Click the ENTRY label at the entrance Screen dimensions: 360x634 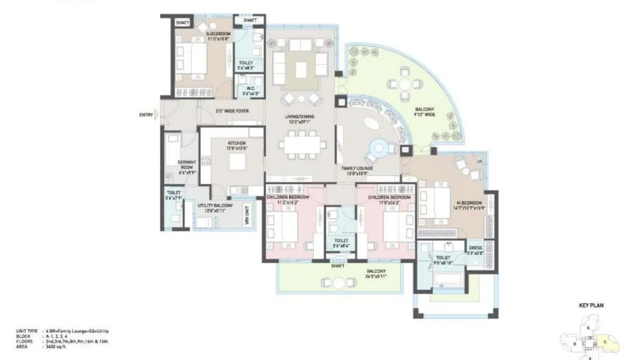(x=146, y=115)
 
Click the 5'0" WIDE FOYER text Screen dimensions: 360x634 (x=232, y=111)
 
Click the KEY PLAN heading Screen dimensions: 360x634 (x=590, y=305)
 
